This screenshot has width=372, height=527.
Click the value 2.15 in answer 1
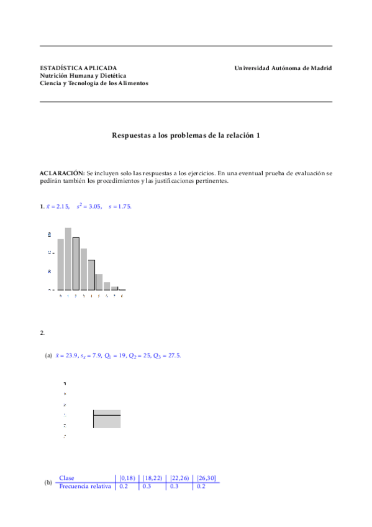click(63, 206)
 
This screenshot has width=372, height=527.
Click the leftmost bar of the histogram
click(61, 265)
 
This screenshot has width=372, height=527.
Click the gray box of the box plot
click(107, 421)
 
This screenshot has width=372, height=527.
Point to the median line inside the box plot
click(107, 415)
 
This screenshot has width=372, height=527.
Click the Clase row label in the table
click(66, 479)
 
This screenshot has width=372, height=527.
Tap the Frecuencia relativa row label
click(85, 486)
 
